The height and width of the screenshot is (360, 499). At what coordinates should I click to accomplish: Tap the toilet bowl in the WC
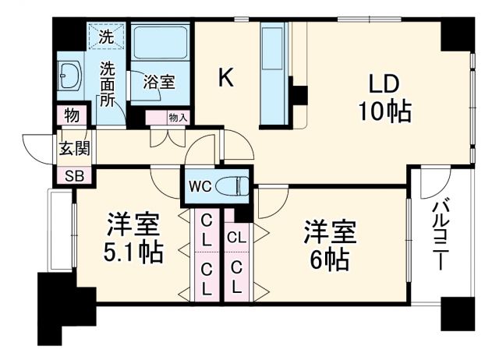232,186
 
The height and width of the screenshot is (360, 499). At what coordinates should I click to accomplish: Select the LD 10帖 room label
383,97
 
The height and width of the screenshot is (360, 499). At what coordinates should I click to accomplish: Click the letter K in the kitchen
225,77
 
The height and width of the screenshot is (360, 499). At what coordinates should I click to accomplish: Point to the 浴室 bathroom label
158,81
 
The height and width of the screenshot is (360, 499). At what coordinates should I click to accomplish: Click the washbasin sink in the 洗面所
69,77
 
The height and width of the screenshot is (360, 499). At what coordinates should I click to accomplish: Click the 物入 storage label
178,118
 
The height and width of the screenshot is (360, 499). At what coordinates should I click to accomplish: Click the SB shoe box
73,175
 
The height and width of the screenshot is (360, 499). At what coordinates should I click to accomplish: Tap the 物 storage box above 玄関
72,116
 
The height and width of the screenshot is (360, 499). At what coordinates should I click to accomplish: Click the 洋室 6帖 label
329,245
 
